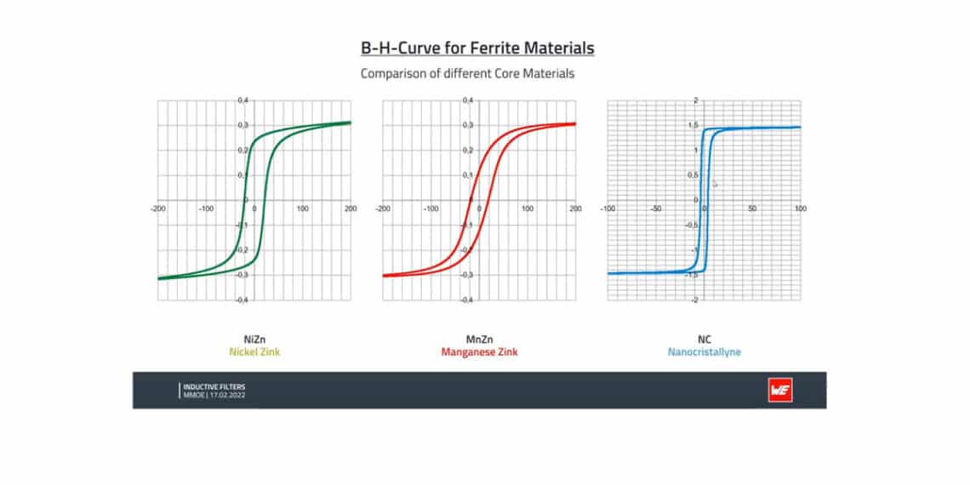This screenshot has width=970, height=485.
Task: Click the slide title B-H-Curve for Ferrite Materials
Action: [x=476, y=48]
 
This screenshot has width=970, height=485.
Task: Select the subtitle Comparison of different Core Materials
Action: [x=467, y=73]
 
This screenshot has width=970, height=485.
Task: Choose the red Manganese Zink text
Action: [x=479, y=351]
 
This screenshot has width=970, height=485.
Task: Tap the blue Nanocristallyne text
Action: [x=705, y=351]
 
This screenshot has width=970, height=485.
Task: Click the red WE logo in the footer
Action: [x=779, y=390]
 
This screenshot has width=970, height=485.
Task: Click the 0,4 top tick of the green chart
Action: [x=243, y=100]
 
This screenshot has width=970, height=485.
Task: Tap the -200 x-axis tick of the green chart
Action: [x=157, y=208]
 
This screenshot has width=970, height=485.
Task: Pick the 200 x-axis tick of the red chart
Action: [x=575, y=208]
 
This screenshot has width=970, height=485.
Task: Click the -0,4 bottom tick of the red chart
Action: [x=467, y=300]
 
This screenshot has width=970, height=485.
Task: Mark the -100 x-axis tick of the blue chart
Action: [x=608, y=208]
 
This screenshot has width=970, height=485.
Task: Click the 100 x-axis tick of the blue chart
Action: [x=799, y=208]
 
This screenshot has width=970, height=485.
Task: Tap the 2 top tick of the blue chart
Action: [x=696, y=100]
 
